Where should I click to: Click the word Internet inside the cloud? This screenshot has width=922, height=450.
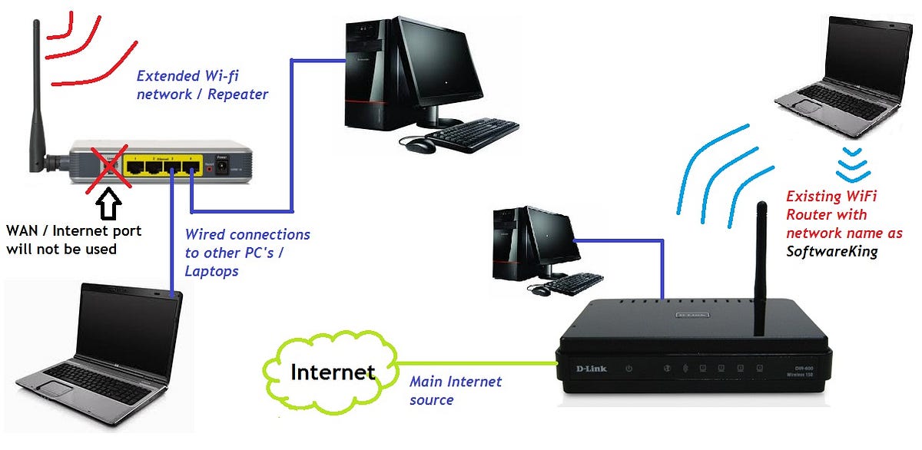point(333,372)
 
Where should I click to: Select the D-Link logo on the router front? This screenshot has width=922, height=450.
point(591,369)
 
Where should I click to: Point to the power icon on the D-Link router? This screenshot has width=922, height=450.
point(629,369)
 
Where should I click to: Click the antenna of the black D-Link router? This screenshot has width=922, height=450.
point(761,269)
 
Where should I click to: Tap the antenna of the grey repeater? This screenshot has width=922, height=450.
point(35,92)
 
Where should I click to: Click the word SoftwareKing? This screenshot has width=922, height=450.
point(831,251)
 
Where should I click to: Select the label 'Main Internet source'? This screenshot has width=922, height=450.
point(455,390)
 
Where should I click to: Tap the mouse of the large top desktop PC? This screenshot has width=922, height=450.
point(419,144)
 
